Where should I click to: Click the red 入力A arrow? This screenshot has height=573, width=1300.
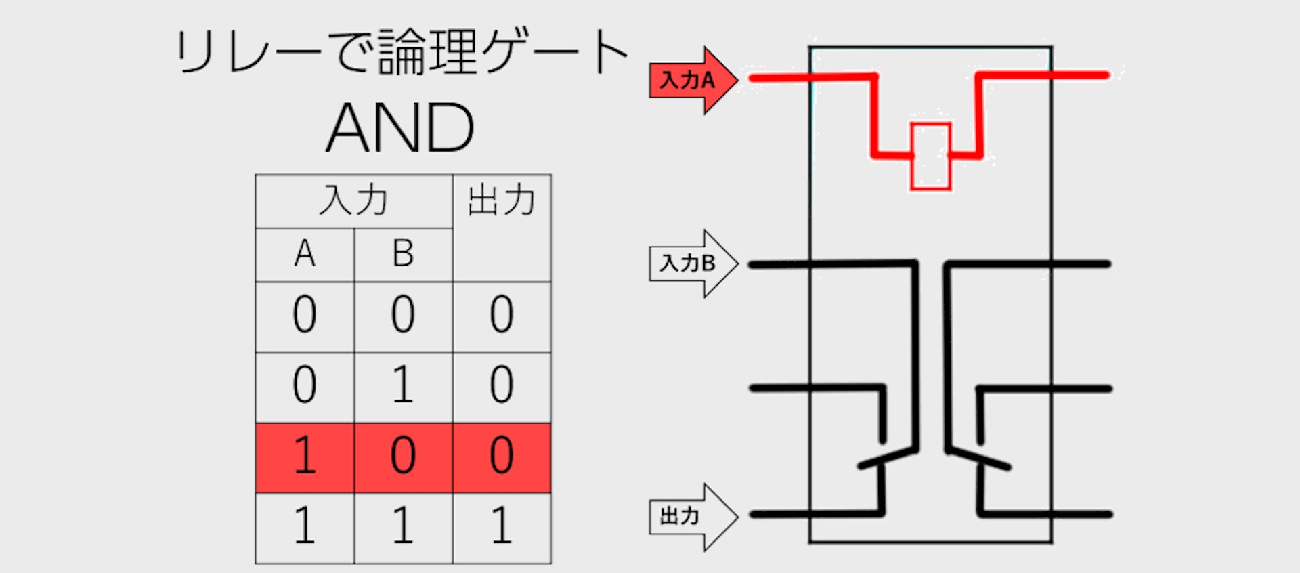point(691,81)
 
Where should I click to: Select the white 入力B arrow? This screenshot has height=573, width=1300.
point(691,263)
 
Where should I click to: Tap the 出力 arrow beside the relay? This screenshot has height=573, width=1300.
point(691,517)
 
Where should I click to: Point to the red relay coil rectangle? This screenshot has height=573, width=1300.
point(930,156)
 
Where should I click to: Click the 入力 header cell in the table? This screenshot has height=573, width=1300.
point(353,201)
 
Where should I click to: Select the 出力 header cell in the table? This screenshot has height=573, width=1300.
point(502,201)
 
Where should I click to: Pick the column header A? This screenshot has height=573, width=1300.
point(305,254)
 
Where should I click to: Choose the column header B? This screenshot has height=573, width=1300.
point(403,254)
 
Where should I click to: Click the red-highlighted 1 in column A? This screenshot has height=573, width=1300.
point(305,455)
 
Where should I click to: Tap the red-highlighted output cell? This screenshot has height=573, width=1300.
point(502,455)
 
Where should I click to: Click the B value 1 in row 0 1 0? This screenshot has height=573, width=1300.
point(403,385)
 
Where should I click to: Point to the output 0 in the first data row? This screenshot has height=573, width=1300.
point(502,314)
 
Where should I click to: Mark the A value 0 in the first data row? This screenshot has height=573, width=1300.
point(305,314)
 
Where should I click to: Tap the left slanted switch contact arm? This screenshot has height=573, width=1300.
point(887,457)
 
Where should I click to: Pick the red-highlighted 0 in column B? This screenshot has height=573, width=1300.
point(403,455)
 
